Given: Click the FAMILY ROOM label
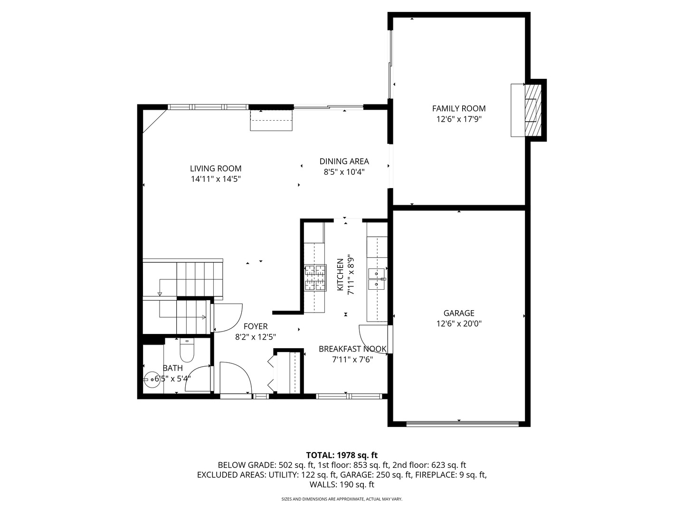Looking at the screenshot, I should click(x=458, y=108).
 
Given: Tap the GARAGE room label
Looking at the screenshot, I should click(x=458, y=313).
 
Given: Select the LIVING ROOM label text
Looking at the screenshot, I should click(x=216, y=169).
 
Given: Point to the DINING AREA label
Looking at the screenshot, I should click(x=344, y=161).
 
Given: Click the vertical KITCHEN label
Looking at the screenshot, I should click(x=340, y=275).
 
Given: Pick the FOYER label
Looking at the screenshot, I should click(x=256, y=326).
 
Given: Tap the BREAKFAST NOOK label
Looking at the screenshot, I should click(x=352, y=349).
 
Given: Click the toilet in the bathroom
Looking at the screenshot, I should click(x=187, y=351).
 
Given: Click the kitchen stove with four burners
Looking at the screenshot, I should click(x=315, y=277).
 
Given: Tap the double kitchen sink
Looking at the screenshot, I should click(x=377, y=279).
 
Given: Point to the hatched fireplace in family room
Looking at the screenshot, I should click(x=532, y=110).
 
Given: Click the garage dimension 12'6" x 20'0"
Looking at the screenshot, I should click(x=458, y=324).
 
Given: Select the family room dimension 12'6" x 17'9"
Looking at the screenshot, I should click(x=459, y=119).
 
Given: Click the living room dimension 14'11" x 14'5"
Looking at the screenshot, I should click(x=216, y=180).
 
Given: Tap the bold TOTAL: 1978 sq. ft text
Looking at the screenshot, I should click(x=342, y=455).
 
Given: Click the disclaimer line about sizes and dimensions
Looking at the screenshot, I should click(x=342, y=499).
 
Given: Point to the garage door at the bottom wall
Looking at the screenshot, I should click(x=462, y=422).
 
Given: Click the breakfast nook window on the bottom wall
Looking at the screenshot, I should click(x=349, y=396).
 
